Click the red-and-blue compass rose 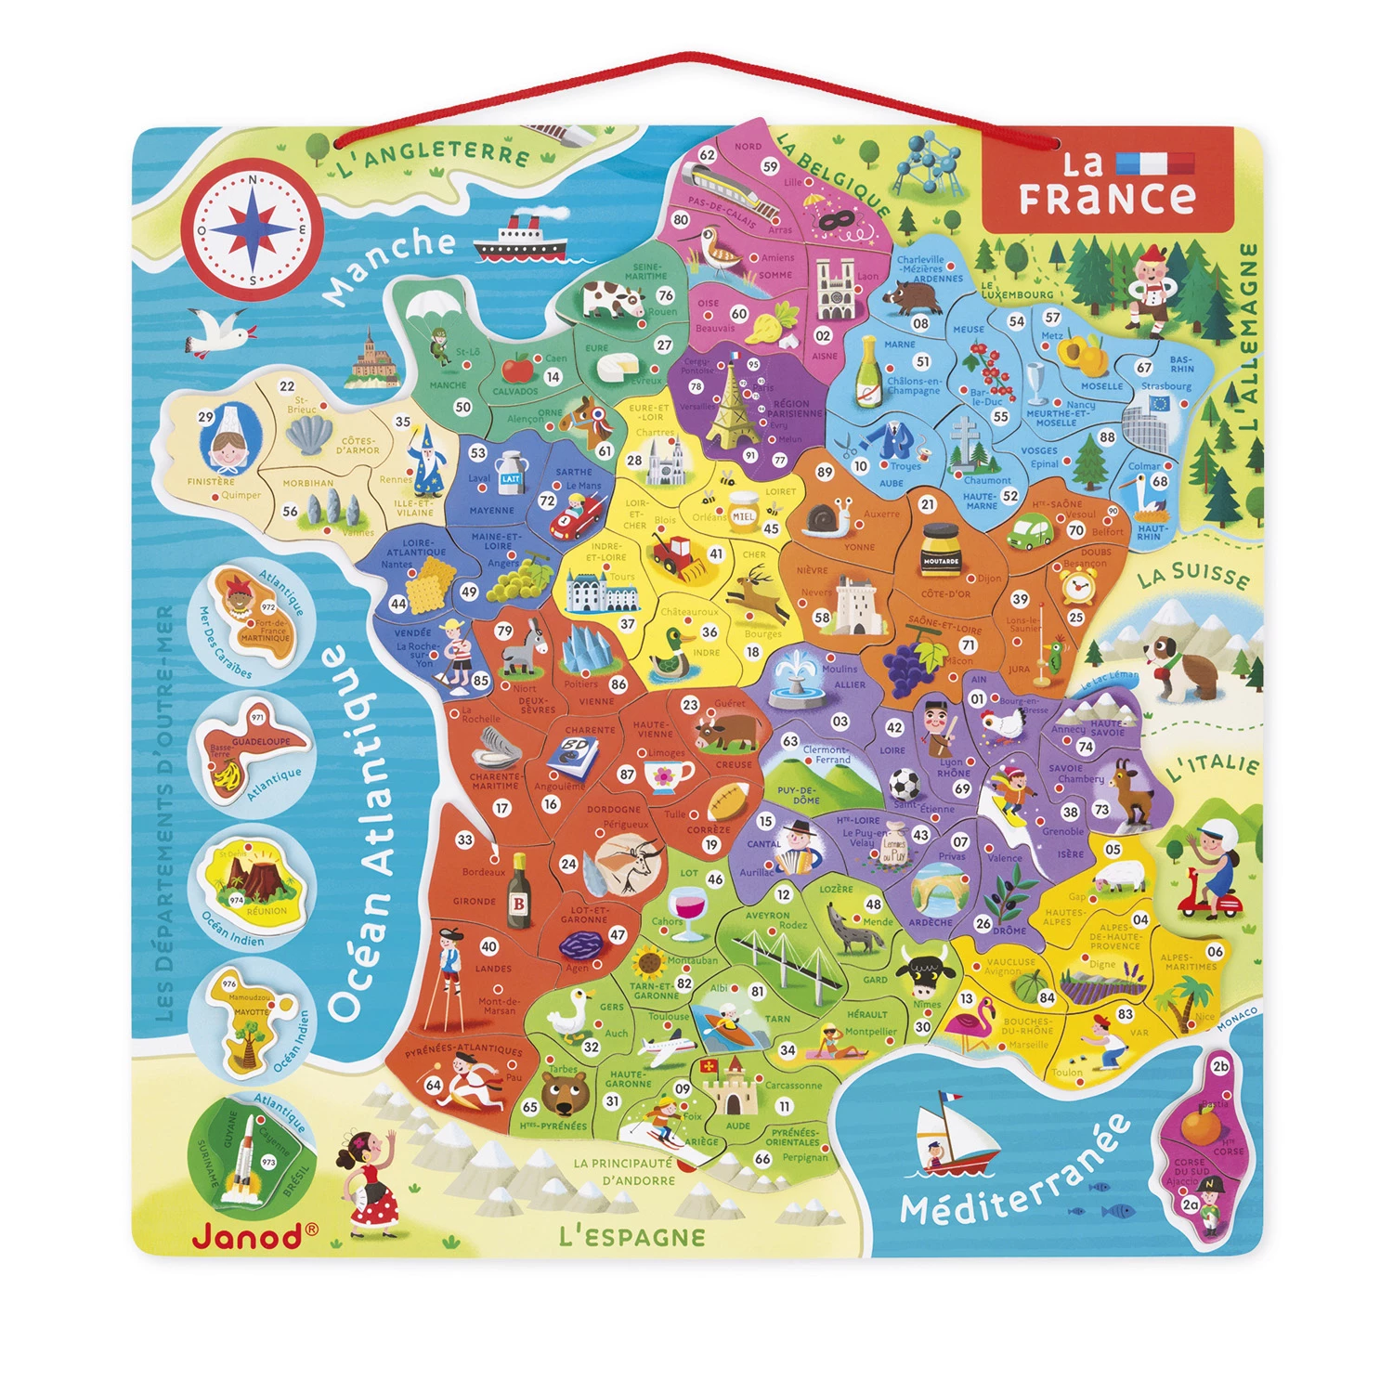(252, 229)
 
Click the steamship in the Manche (520, 239)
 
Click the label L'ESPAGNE (632, 1236)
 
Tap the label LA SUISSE (1193, 575)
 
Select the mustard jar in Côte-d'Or (939, 551)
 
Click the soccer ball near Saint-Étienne (904, 786)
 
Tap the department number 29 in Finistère (206, 417)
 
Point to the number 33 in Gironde (464, 840)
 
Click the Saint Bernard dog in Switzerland (1177, 663)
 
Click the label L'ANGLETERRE (433, 158)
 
